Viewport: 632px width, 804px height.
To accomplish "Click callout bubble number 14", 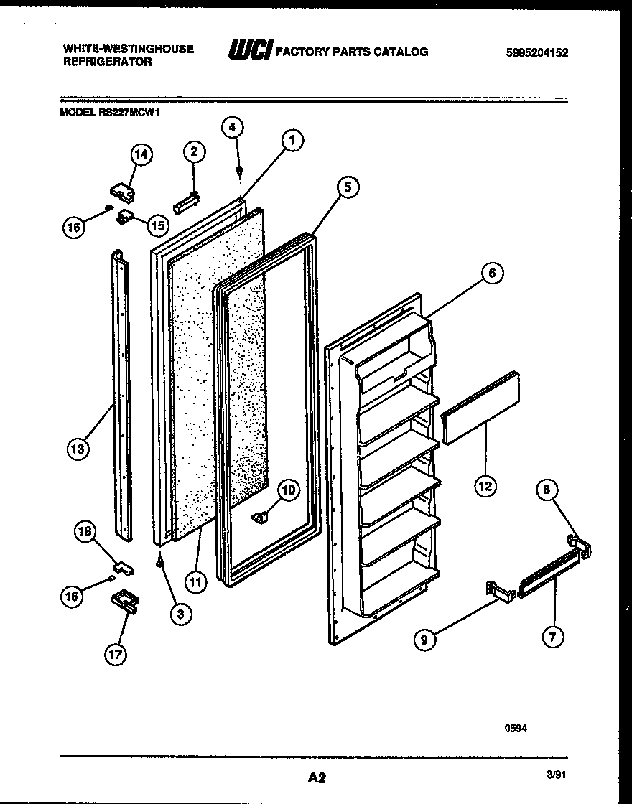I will point(141,155).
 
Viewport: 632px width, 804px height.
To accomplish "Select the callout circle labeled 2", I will point(194,151).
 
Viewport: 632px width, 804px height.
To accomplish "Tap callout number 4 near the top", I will point(232,128).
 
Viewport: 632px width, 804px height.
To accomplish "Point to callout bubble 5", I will point(347,187).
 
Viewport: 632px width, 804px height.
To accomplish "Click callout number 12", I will point(485,486).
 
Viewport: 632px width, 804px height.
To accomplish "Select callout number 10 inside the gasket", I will point(287,491).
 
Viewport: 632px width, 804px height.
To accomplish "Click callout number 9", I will point(425,639).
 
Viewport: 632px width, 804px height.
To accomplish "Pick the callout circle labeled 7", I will point(553,635).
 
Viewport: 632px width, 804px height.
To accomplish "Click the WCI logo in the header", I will point(249,51).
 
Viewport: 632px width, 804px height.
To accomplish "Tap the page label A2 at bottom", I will point(317,777).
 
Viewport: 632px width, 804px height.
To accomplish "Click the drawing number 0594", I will point(516,727).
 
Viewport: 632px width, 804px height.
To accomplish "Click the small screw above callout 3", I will point(160,565).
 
